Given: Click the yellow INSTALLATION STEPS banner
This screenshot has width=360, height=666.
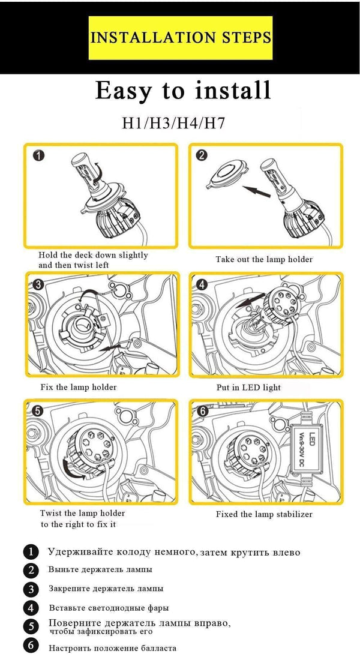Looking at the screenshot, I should pos(180,38).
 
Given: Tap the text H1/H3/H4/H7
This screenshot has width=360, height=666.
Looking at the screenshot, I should pos(173,124).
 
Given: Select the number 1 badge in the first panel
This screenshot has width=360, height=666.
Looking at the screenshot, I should pos(38,157).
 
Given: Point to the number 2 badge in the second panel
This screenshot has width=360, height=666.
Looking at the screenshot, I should pos(202,155).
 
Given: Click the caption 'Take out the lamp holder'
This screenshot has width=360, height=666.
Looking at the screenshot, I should pos(264,260).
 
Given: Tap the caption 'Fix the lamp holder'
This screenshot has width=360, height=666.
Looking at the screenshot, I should pos(79,387).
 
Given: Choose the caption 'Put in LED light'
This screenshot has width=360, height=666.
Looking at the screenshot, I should pos(248,388).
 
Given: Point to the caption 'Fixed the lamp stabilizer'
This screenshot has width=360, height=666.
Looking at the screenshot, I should pos(264,514).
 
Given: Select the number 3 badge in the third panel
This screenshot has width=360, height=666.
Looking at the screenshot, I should pos(38,285).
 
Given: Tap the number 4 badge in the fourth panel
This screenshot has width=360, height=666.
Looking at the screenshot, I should pos(202,285).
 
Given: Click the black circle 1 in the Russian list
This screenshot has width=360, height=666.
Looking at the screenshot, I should pos(31,552).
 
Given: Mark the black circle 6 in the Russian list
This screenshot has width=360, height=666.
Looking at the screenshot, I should pos(31,646).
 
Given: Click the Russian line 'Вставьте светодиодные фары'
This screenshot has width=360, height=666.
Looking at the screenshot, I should pos(109,608).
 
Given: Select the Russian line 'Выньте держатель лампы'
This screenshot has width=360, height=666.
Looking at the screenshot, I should pos(100,569).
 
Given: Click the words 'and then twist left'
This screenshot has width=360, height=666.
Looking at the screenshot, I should pos(74,265).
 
